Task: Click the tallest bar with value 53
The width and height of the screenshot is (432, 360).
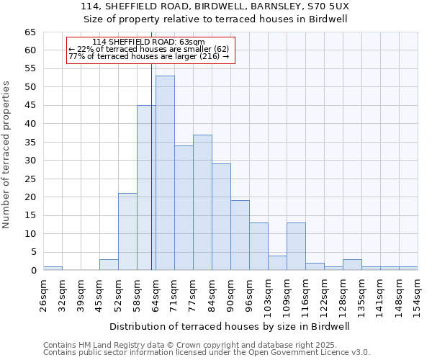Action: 165,173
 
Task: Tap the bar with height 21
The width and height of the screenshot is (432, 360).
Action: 127,232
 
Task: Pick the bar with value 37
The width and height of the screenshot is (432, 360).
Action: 202,202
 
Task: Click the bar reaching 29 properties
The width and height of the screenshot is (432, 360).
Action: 221,217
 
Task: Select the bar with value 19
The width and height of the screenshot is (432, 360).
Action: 240,235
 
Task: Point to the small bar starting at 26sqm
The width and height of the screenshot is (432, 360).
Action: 53,268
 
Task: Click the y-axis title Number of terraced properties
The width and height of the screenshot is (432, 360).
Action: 7,155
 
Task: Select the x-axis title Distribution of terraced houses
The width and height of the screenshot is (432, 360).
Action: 230,326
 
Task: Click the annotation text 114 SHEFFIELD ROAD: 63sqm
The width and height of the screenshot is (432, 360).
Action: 148,42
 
